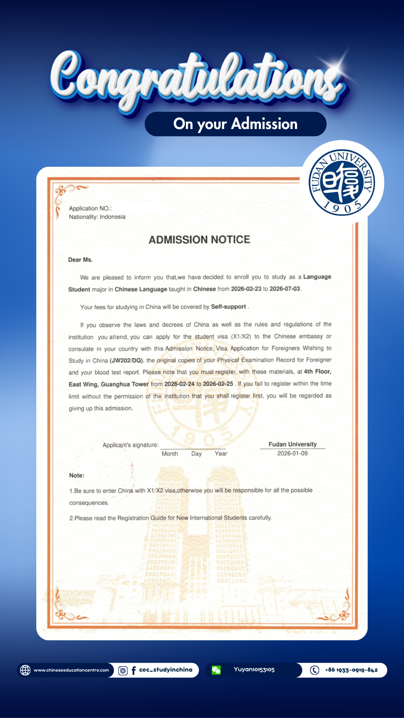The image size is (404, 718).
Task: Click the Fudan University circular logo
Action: coord(342,182)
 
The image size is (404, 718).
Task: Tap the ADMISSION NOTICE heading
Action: coord(199,240)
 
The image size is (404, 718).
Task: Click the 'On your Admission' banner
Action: coord(235,124)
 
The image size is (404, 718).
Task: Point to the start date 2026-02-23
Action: coord(246,289)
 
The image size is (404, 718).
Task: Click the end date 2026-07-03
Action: coord(285,289)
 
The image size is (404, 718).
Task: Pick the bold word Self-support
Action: coord(229,307)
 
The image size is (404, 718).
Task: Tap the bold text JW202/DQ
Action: coord(126,360)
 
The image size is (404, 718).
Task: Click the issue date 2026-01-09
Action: coord(293,453)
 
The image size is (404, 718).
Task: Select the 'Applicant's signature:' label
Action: coord(131,445)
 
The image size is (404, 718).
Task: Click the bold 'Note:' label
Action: coord(77,475)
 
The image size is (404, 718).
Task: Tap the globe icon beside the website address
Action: coord(25,670)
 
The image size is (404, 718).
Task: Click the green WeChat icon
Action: coord(216,670)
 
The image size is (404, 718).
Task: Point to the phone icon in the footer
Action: coord(315,670)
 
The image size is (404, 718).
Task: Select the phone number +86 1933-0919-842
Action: coord(351,670)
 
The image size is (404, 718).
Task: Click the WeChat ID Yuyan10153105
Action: coord(254,670)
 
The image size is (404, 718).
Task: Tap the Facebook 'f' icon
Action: coord(134,671)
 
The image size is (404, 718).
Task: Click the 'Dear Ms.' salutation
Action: coord(80,260)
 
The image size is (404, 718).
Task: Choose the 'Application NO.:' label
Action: coord(90,208)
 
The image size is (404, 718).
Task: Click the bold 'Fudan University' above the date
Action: coord(293,444)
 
